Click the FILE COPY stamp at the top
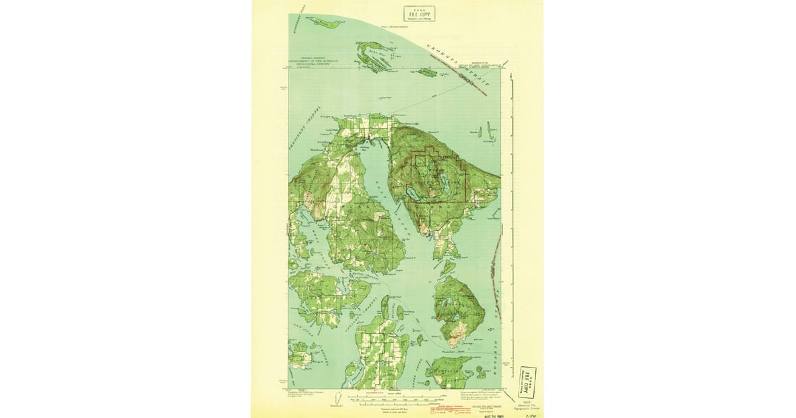pos(419,13)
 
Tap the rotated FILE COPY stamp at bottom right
pos(528,381)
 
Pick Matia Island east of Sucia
pos(427,72)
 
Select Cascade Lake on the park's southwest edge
pos(412,193)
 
